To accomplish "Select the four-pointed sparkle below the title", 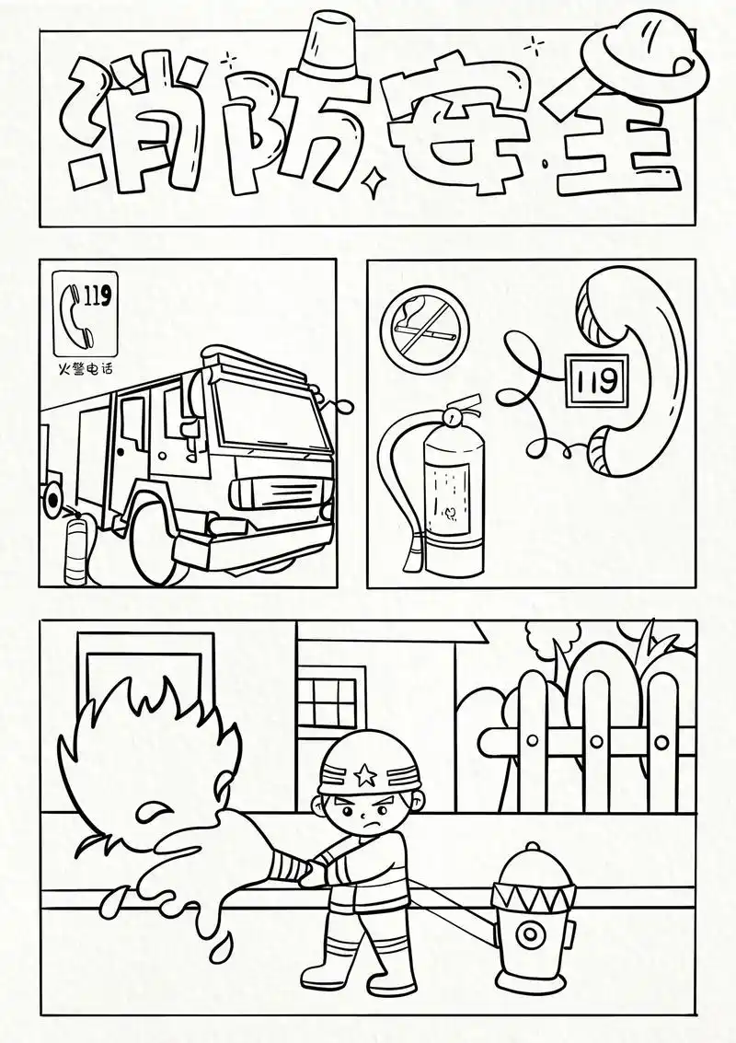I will click(x=373, y=186).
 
